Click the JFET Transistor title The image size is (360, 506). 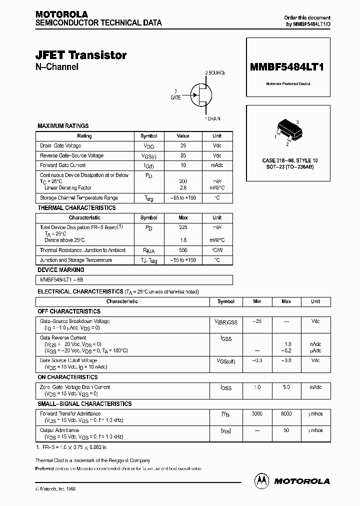click(81, 55)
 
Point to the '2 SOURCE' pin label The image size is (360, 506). click(215, 73)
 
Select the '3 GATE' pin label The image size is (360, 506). click(175, 94)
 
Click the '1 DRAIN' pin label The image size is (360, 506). click(212, 118)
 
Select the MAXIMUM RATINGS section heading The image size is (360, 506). click(63, 126)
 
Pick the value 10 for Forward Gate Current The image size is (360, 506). click(183, 165)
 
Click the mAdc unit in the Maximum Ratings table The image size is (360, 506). click(217, 165)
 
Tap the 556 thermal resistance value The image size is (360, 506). click(183, 250)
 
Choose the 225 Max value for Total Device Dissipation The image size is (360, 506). click(183, 227)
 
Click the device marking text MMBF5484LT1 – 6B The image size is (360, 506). click(58, 280)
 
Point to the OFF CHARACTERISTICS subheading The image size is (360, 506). click(69, 311)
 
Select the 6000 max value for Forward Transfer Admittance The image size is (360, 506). click(286, 413)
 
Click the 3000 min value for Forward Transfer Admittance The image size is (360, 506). click(257, 413)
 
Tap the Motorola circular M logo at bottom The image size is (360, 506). click(261, 480)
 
